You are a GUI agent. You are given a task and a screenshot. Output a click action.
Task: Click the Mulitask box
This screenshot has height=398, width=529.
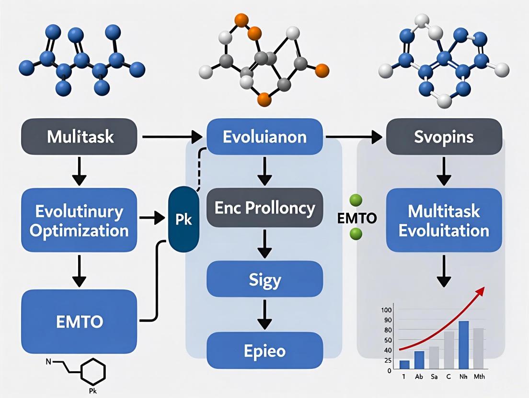point(80,137)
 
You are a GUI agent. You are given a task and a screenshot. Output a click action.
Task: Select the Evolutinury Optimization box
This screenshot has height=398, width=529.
point(79,221)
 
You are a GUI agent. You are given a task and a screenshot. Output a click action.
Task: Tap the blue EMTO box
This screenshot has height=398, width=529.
point(79,321)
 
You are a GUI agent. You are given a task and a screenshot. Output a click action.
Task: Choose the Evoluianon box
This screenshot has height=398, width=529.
point(265,137)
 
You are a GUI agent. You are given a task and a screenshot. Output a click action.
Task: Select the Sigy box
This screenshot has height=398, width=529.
point(265,278)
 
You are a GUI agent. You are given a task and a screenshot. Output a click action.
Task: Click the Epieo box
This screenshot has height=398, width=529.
point(265,351)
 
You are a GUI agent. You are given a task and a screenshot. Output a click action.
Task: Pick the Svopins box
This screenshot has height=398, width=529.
point(444,137)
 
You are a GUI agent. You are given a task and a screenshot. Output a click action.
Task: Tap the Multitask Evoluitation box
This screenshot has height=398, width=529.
point(444,221)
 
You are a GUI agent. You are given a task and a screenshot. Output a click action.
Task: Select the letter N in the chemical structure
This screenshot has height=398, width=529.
point(48,362)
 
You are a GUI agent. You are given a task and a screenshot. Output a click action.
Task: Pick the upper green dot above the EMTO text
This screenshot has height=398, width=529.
point(356,200)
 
